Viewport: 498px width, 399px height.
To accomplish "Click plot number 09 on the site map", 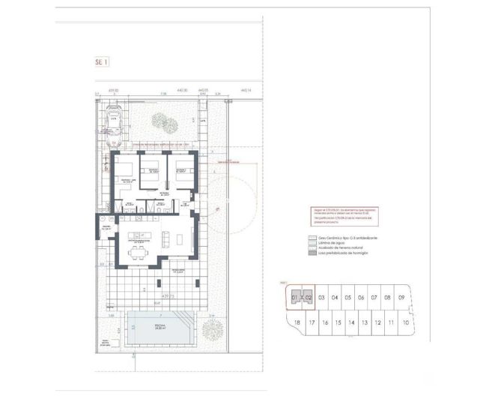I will click(401, 298).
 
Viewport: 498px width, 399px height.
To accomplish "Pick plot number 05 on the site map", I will click(348, 298).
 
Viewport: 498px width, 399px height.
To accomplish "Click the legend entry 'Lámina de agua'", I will click(335, 244).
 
